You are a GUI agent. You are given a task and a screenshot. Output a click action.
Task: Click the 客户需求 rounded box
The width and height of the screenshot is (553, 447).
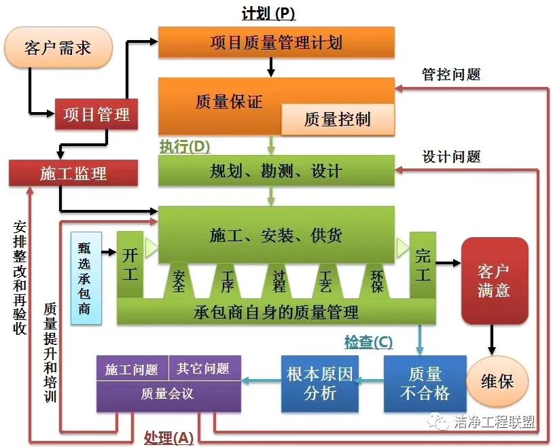(x=58, y=48)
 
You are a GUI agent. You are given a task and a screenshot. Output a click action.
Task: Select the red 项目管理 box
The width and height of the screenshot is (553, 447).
(x=96, y=113)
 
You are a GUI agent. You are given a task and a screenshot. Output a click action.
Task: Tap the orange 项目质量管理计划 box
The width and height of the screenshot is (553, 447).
(x=276, y=42)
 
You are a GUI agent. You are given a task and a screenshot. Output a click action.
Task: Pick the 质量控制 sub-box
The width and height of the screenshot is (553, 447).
(x=338, y=120)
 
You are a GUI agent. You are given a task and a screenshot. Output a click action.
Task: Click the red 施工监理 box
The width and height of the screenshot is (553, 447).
(x=73, y=173)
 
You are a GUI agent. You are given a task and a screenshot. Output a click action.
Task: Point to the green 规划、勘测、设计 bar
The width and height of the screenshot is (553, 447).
(x=276, y=171)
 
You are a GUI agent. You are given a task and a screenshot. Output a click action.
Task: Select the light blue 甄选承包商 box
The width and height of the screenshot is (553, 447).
(x=86, y=277)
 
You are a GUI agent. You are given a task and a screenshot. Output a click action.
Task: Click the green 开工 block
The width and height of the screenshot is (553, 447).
(x=129, y=264)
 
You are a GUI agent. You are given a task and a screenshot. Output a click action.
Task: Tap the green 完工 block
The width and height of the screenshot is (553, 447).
(x=422, y=264)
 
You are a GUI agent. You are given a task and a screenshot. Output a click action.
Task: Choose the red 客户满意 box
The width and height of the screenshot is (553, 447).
(x=494, y=280)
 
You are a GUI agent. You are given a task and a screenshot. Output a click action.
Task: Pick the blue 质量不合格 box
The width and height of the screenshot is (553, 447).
(x=425, y=383)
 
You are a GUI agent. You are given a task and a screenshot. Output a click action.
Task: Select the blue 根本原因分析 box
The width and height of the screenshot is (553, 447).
(x=320, y=383)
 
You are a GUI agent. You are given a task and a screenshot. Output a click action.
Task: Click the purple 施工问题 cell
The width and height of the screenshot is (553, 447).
(x=132, y=369)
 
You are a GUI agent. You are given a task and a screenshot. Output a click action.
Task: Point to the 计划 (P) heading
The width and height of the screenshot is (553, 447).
(x=268, y=13)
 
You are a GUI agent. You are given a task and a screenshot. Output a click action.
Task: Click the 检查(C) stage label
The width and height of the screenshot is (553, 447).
(x=368, y=343)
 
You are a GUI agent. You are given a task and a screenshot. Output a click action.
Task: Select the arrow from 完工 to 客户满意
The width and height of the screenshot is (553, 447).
(x=448, y=262)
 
